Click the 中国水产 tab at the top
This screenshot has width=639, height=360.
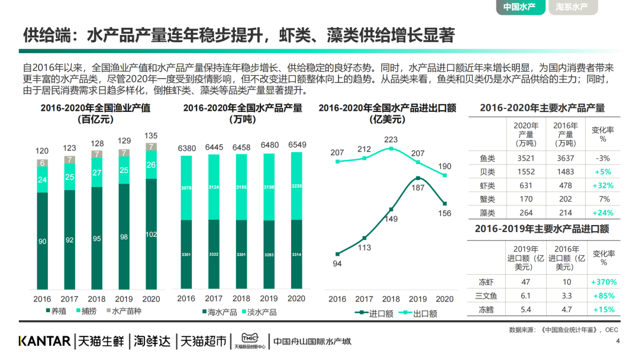(x=519, y=8)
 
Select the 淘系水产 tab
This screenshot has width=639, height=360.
(x=572, y=8)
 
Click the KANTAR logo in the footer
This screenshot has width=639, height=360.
(x=44, y=342)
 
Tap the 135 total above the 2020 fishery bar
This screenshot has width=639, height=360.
(x=151, y=135)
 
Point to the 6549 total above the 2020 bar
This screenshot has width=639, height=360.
(x=297, y=145)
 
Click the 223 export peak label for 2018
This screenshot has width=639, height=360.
(x=391, y=140)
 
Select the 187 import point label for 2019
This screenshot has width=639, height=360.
(x=418, y=188)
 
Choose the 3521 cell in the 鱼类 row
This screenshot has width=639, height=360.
(x=522, y=158)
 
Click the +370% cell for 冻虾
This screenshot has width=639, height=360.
(x=603, y=282)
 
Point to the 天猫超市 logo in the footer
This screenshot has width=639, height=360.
(x=203, y=342)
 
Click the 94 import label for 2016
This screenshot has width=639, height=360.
(x=337, y=264)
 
